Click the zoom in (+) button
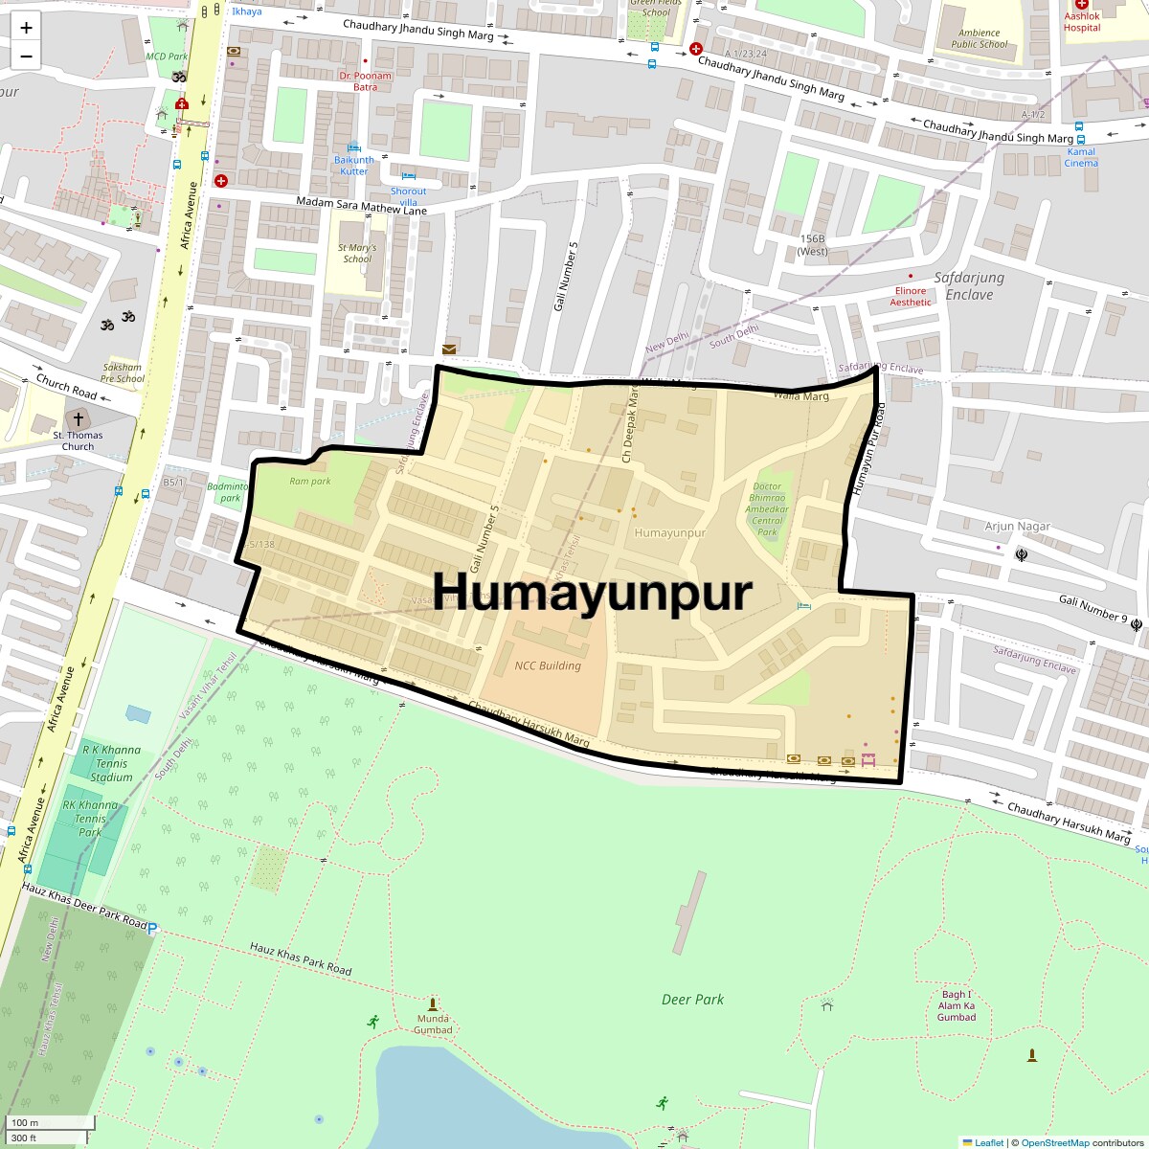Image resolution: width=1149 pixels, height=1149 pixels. (x=26, y=28)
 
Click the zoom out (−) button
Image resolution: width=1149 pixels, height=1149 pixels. (x=26, y=56)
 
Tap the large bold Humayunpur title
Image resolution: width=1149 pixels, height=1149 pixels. (x=593, y=592)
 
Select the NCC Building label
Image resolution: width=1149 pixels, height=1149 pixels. (x=548, y=665)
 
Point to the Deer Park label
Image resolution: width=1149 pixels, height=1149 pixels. (x=692, y=1000)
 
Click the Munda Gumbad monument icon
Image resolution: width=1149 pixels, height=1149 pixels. (x=433, y=1003)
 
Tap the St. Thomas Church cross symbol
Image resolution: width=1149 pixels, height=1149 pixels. (x=79, y=419)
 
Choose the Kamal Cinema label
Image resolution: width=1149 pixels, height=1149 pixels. (x=1081, y=157)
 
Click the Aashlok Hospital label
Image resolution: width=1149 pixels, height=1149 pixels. (x=1082, y=22)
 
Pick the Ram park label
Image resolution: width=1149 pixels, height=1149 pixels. (x=309, y=482)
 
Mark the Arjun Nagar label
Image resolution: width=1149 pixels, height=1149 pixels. (x=1018, y=527)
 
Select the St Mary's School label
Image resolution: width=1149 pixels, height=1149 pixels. (x=357, y=254)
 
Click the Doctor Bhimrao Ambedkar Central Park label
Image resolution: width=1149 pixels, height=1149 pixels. (x=768, y=509)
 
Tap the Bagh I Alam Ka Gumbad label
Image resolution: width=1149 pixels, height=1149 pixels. (x=956, y=1005)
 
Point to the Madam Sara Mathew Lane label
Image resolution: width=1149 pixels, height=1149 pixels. (x=361, y=206)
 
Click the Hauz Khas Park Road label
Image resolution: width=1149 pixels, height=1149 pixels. (x=301, y=959)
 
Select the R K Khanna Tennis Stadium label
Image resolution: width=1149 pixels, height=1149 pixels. (x=111, y=763)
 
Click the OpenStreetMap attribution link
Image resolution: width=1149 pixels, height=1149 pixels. (x=1054, y=1142)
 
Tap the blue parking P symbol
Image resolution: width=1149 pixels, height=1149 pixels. (x=152, y=929)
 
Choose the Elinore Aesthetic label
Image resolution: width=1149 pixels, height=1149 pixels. (x=911, y=297)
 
